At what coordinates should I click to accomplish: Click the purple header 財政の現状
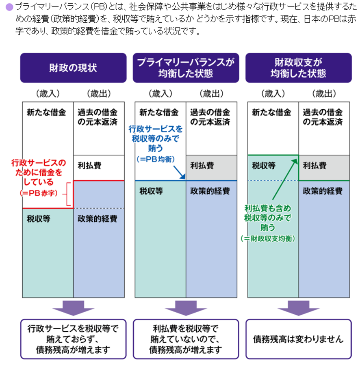tap(73, 68)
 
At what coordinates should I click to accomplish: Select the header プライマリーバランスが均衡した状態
tap(186, 68)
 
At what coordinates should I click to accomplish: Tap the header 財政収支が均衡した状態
tap(298, 68)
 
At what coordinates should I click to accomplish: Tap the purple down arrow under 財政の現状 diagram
tap(73, 307)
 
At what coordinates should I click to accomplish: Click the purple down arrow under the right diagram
tap(298, 307)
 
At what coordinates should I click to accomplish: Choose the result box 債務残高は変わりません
tap(298, 339)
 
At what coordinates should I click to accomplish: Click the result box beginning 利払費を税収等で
tap(186, 339)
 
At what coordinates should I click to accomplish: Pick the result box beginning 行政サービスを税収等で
tap(73, 339)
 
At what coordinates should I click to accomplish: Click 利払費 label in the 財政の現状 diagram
tap(89, 166)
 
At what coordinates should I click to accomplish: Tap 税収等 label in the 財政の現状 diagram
tap(38, 219)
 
